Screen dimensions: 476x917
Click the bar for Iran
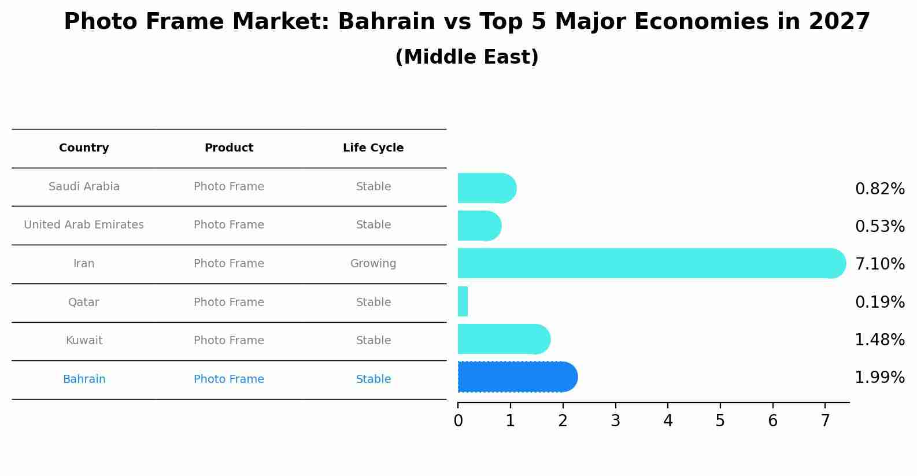pyautogui.click(x=651, y=264)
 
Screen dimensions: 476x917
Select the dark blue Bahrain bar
pyautogui.click(x=517, y=377)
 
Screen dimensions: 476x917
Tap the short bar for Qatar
pyautogui.click(x=463, y=301)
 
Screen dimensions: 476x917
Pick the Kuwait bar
pyautogui.click(x=504, y=339)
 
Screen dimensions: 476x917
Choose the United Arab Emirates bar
pyautogui.click(x=479, y=226)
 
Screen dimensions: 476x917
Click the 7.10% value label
pyautogui.click(x=879, y=264)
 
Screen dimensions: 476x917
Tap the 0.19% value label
pyautogui.click(x=879, y=302)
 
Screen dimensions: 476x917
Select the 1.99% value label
pyautogui.click(x=879, y=378)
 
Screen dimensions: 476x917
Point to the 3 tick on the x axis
pyautogui.click(x=615, y=421)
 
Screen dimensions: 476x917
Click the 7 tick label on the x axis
pyautogui.click(x=825, y=421)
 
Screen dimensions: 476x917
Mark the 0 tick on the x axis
pyautogui.click(x=458, y=421)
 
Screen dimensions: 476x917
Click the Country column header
pyautogui.click(x=84, y=148)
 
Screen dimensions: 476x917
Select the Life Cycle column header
pyautogui.click(x=373, y=148)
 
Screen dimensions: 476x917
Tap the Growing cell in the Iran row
pyautogui.click(x=373, y=264)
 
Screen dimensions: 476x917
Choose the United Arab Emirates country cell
pyautogui.click(x=84, y=225)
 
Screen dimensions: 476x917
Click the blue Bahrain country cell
pyautogui.click(x=84, y=379)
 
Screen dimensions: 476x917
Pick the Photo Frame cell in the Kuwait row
pyautogui.click(x=228, y=341)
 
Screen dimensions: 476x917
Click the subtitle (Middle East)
pyautogui.click(x=467, y=57)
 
